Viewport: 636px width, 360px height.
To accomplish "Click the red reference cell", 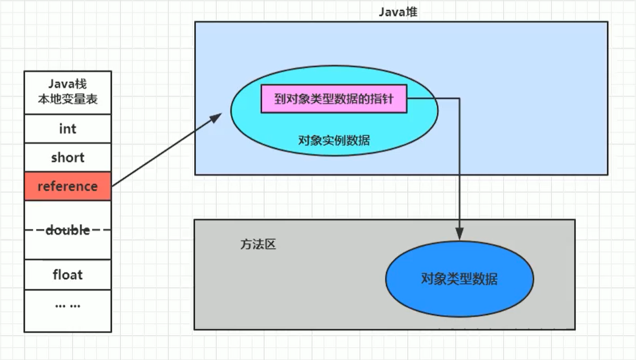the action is [68, 186].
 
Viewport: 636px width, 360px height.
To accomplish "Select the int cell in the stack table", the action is [68, 129].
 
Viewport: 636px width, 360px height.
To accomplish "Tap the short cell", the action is [68, 158].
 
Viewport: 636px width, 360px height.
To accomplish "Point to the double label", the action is [68, 230].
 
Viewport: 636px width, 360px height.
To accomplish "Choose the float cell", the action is [68, 275].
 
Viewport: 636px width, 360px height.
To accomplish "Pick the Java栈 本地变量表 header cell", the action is [68, 93].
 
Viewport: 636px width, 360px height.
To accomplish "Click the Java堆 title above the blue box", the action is [398, 12].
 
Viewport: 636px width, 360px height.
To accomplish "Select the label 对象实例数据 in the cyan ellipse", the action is [334, 140].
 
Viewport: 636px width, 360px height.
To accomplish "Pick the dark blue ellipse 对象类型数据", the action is [459, 279].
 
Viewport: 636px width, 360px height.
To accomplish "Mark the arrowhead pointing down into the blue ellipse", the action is [459, 233].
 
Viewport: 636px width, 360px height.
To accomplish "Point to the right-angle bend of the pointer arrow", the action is [459, 99].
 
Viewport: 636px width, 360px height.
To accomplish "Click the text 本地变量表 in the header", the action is [68, 99].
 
